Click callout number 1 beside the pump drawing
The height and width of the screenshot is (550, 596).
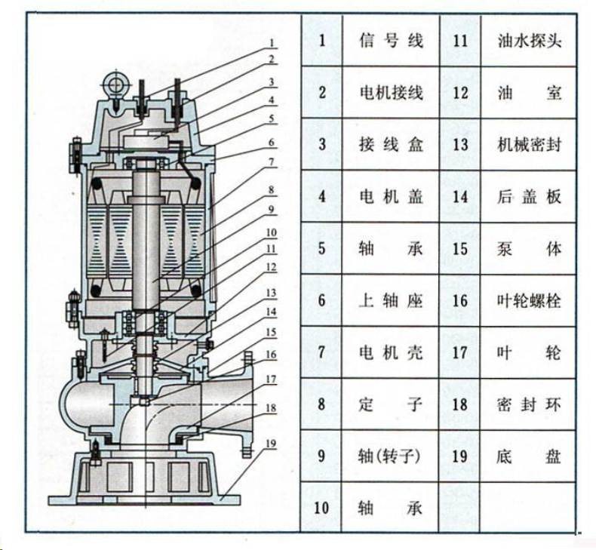tap(272, 43)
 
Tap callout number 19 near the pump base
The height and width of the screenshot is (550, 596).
tap(271, 444)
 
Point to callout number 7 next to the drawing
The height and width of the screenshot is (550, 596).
tap(272, 162)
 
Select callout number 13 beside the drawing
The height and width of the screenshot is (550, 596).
tap(271, 293)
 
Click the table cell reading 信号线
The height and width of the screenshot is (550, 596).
tap(391, 41)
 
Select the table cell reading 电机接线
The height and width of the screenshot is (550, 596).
tap(391, 92)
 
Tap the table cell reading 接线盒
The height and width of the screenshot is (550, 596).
tap(391, 144)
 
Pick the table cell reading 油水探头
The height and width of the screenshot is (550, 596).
tap(529, 41)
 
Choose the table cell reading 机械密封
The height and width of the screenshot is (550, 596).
tap(529, 144)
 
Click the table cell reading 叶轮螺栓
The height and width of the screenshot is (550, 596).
tap(529, 300)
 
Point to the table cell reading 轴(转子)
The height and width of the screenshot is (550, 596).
tap(390, 456)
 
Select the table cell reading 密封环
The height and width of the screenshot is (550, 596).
tap(529, 404)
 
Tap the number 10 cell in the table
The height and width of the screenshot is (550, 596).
tap(321, 508)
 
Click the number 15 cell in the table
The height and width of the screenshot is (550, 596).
tap(460, 248)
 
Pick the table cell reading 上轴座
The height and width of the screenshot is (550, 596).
tap(391, 300)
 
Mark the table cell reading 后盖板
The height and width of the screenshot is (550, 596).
tap(529, 196)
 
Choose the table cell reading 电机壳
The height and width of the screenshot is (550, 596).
tap(391, 352)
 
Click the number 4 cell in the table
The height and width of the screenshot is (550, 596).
tap(322, 196)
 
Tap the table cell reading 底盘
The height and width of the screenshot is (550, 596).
tap(529, 456)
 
